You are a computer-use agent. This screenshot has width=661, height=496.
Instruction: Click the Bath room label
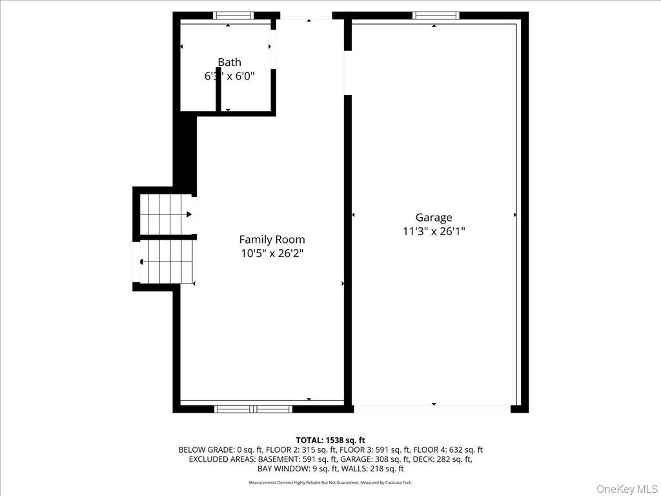click(229, 62)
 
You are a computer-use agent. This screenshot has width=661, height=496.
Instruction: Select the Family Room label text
click(272, 240)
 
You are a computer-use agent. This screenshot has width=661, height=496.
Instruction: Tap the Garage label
click(433, 218)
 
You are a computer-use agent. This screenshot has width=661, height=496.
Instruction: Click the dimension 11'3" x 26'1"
click(433, 231)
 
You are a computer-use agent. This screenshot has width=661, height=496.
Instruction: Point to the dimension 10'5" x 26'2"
click(272, 253)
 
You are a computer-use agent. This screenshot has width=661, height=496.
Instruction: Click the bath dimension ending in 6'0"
click(229, 76)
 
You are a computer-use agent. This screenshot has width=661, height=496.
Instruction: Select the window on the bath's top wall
click(233, 15)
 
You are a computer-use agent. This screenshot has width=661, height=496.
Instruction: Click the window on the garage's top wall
click(435, 15)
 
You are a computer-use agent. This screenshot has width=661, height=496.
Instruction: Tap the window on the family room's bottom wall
click(253, 408)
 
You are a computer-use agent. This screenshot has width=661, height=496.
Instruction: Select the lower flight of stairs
click(166, 261)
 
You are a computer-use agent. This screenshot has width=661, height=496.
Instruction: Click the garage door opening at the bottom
click(432, 408)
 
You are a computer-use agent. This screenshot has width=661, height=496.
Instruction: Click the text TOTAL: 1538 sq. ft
click(330, 440)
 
